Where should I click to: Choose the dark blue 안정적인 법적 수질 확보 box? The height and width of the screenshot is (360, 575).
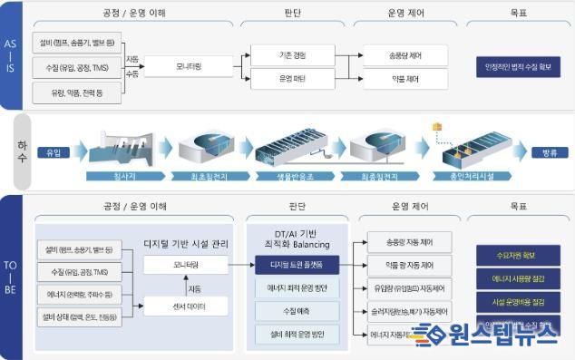click(x=518, y=66)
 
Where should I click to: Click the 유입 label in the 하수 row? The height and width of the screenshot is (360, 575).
click(x=53, y=151)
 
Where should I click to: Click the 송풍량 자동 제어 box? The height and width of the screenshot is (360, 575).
click(x=405, y=243)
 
